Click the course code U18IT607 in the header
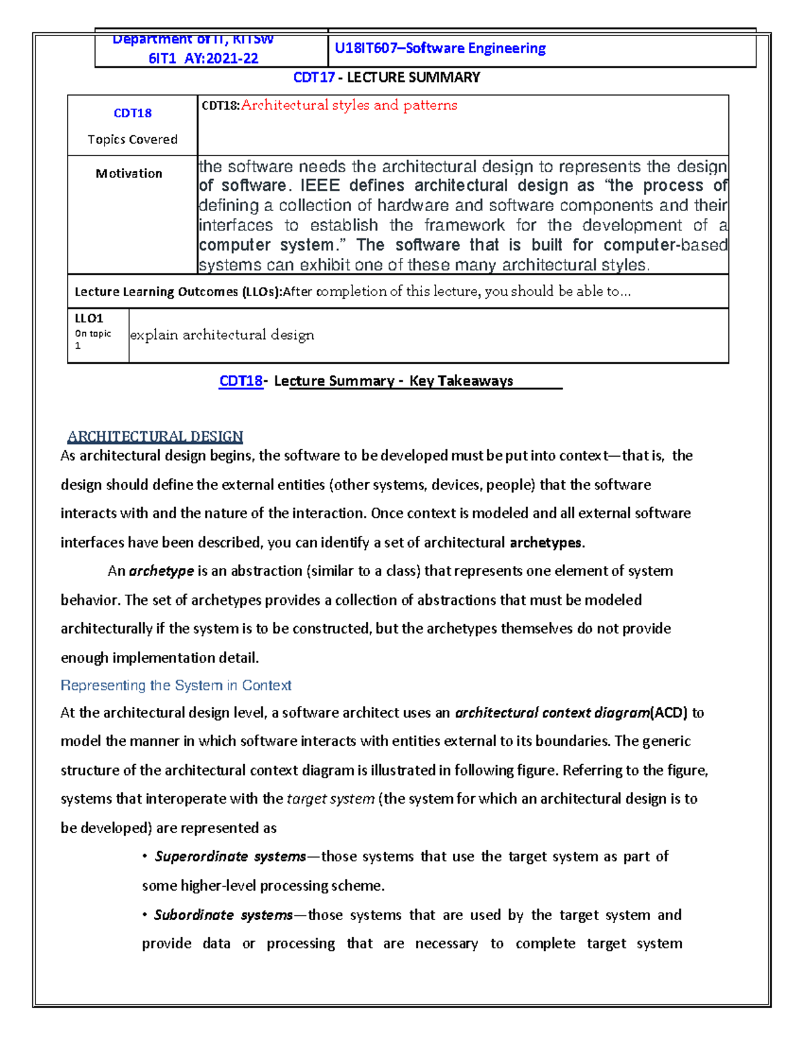(366, 48)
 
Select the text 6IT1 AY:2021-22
(203, 58)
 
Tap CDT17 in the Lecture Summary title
(314, 78)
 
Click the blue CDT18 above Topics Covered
(133, 113)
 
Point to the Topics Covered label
(133, 139)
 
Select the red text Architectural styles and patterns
(349, 105)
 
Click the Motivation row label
(129, 173)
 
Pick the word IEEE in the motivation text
(320, 185)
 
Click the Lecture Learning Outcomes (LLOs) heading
(178, 292)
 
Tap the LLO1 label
(88, 319)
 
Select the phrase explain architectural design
(222, 335)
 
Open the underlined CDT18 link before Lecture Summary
(241, 381)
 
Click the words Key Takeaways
(461, 381)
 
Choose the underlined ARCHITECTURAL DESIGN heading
(155, 437)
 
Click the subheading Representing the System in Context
(176, 685)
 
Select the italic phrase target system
(330, 799)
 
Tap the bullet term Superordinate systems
(230, 857)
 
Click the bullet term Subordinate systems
(223, 915)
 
